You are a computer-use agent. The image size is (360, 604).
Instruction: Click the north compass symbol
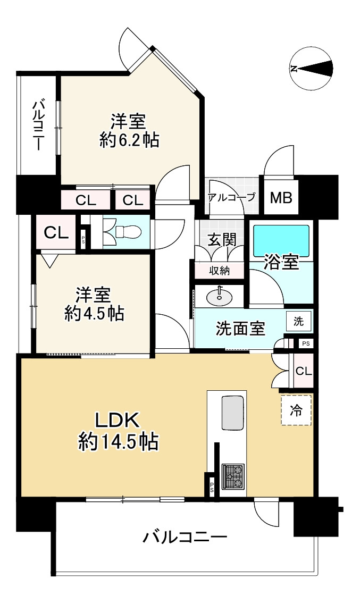tap(312, 68)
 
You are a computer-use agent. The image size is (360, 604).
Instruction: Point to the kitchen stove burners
tap(233, 475)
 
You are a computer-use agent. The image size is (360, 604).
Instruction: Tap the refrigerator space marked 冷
tap(296, 410)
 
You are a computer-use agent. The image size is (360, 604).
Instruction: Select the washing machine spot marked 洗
tap(299, 321)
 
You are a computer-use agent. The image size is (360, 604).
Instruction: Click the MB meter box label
tap(280, 198)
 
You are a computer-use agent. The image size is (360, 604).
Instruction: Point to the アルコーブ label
tap(231, 197)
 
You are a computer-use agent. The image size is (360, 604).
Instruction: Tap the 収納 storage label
tap(219, 270)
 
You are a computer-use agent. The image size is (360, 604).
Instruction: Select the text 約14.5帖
tap(118, 441)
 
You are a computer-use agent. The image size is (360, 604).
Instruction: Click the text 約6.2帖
tap(129, 140)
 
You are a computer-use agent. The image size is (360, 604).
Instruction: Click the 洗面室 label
tap(240, 329)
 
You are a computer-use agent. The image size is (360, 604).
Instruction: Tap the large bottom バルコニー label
tap(185, 537)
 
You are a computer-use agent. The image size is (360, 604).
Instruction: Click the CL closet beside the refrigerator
tap(303, 371)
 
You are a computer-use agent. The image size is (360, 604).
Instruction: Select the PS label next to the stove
tap(212, 485)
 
